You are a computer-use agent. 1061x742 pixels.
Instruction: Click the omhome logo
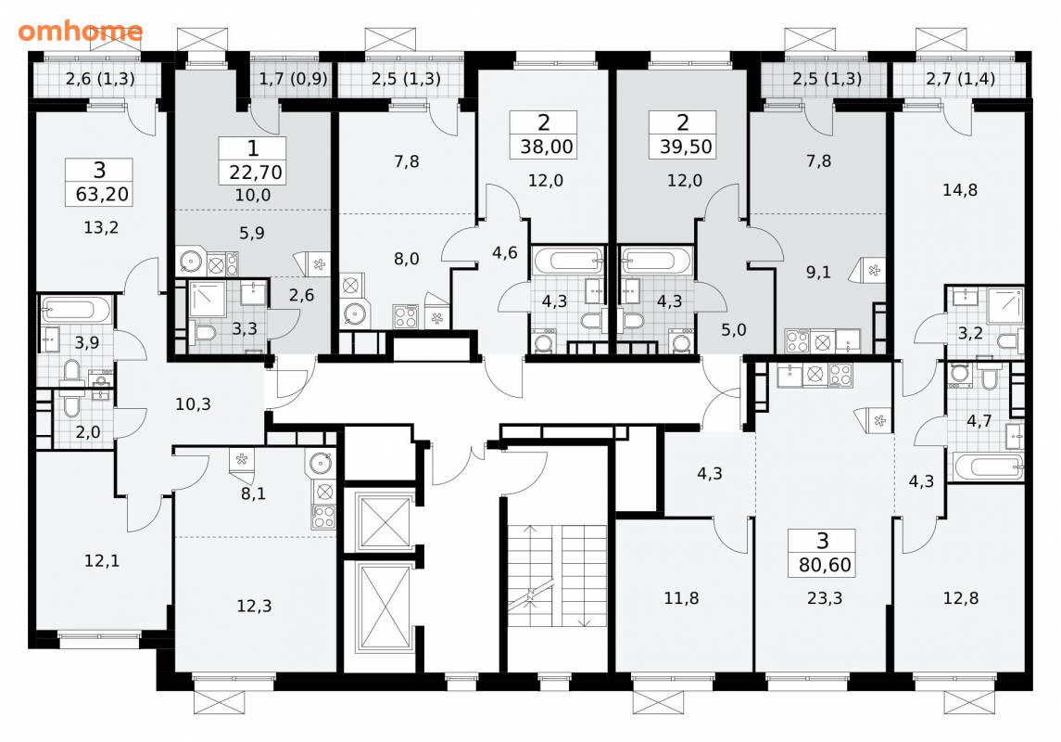pyautogui.click(x=81, y=32)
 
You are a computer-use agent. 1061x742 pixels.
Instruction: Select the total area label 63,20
pyautogui.click(x=102, y=195)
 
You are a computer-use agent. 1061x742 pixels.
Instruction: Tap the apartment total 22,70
pyautogui.click(x=255, y=173)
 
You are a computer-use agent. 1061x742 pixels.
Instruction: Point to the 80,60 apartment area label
pyautogui.click(x=825, y=565)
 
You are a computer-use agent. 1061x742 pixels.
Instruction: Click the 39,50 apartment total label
pyautogui.click(x=686, y=147)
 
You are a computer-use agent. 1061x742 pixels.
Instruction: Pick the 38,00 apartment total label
pyautogui.click(x=546, y=147)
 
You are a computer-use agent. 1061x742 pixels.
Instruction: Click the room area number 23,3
pyautogui.click(x=825, y=598)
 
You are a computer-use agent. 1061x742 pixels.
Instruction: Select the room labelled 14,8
pyautogui.click(x=959, y=190)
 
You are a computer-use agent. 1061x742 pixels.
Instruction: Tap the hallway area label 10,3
pyautogui.click(x=193, y=404)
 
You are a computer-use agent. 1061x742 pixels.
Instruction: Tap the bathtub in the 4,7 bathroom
pyautogui.click(x=988, y=467)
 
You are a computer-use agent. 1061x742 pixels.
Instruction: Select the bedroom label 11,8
pyautogui.click(x=681, y=598)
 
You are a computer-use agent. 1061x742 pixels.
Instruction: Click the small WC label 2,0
pyautogui.click(x=87, y=432)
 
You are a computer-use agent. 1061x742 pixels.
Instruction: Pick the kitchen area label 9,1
pyautogui.click(x=818, y=272)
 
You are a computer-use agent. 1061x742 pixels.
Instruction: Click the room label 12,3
pyautogui.click(x=254, y=606)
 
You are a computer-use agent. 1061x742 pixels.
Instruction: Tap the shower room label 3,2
pyautogui.click(x=969, y=333)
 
